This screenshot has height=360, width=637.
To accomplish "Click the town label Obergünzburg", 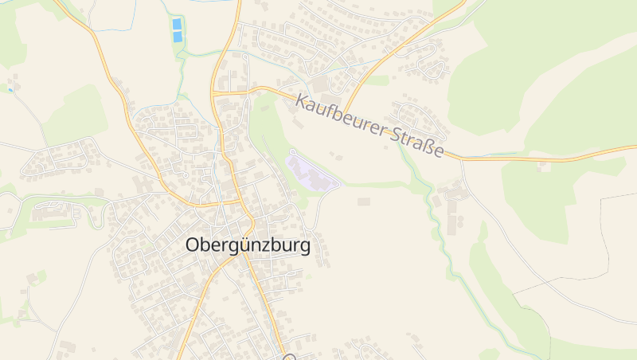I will pyautogui.click(x=248, y=245).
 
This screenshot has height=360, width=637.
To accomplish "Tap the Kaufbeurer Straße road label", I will pyautogui.click(x=369, y=126).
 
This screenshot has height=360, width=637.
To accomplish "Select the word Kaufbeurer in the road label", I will pyautogui.click(x=342, y=116).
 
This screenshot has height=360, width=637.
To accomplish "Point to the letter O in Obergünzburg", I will pyautogui.click(x=193, y=245).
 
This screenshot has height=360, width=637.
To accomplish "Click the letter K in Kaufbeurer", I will pyautogui.click(x=301, y=101).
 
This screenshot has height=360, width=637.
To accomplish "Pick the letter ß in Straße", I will pyautogui.click(x=425, y=145).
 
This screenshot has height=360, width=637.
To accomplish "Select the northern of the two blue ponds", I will pyautogui.click(x=177, y=24).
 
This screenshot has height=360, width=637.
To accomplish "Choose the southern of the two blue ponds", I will pyautogui.click(x=177, y=37).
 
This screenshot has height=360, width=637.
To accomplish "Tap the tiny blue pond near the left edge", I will pyautogui.click(x=10, y=90).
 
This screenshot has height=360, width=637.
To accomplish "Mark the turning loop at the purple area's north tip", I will pyautogui.click(x=292, y=151).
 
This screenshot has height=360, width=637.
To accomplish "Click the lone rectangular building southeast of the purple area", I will pyautogui.click(x=364, y=202).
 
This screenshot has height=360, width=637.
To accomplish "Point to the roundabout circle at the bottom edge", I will pyautogui.click(x=290, y=358).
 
